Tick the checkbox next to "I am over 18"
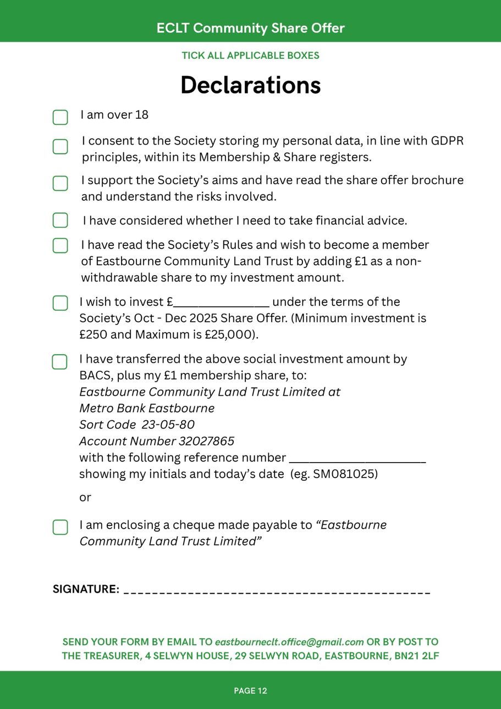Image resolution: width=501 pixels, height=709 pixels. [x=60, y=117]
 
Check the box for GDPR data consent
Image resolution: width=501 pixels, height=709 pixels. [x=60, y=147]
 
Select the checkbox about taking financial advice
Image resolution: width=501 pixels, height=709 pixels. [x=60, y=220]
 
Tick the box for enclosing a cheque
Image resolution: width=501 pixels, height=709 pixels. [x=60, y=527]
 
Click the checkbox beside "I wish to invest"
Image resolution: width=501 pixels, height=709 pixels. [x=60, y=303]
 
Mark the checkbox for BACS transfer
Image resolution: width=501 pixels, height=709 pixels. [x=59, y=362]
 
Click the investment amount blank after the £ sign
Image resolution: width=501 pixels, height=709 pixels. [x=221, y=303]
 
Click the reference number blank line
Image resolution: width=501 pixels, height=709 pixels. [x=357, y=458]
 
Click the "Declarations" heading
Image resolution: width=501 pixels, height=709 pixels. [x=250, y=85]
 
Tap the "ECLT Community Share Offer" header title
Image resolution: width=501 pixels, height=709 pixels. [x=250, y=28]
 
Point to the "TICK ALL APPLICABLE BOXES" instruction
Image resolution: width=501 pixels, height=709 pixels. [x=250, y=56]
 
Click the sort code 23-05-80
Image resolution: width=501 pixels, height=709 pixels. [x=168, y=425]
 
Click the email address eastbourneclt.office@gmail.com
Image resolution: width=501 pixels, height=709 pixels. [x=289, y=642]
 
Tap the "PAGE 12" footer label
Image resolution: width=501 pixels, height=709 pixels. [x=250, y=691]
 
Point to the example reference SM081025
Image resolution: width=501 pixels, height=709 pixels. [x=345, y=474]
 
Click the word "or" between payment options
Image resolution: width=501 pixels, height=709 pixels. [x=85, y=497]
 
